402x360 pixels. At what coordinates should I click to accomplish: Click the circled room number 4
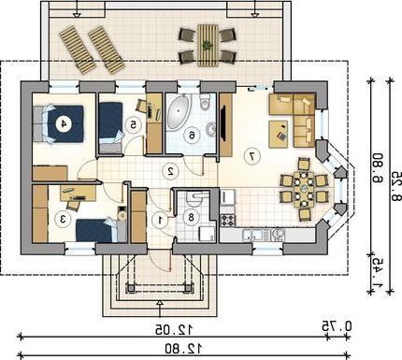(x=64, y=124)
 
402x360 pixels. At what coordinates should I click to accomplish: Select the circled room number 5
(x=133, y=125)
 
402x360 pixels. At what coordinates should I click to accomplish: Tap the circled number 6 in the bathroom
(x=192, y=136)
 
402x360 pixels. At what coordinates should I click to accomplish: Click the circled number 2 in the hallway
(x=170, y=171)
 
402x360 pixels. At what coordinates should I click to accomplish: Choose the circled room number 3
(x=63, y=219)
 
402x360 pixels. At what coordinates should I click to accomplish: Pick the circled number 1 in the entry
(x=161, y=220)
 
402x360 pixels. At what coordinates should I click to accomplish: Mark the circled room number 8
(x=191, y=217)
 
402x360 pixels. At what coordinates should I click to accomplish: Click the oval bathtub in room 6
(x=178, y=111)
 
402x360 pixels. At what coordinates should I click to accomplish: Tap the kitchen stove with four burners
(x=228, y=220)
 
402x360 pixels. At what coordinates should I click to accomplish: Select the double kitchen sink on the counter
(x=255, y=235)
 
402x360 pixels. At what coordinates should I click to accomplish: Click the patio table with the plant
(x=207, y=45)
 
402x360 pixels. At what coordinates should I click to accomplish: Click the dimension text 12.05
(x=174, y=329)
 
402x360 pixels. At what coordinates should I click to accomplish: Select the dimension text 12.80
(x=183, y=348)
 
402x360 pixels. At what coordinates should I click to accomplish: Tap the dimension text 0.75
(x=337, y=326)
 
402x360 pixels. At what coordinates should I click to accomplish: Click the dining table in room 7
(x=303, y=189)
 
